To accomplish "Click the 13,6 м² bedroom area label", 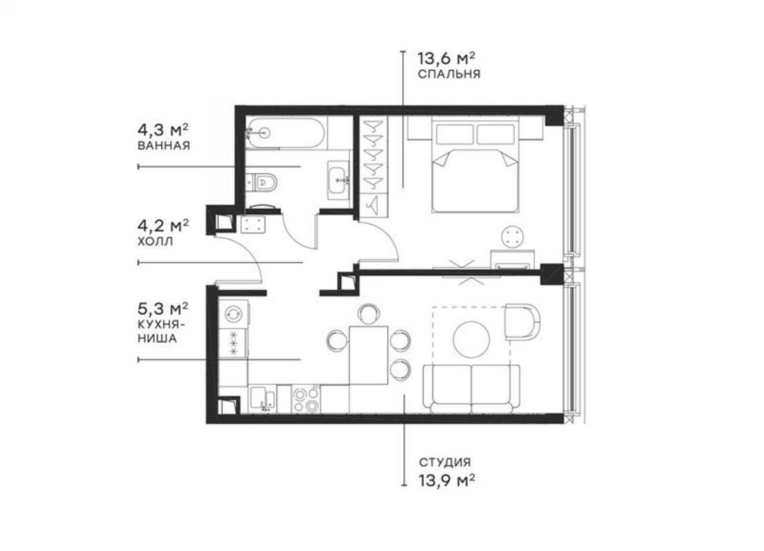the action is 446,59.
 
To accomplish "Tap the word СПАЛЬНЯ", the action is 449,74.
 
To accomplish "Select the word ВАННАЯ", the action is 164,146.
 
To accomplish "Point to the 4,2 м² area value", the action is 163,226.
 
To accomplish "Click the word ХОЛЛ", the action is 155,242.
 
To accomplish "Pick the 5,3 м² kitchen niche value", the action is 163,309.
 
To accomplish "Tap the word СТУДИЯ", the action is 445,462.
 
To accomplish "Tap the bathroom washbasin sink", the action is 339,180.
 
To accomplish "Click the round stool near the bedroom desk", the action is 513,237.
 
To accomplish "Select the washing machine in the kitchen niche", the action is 233,313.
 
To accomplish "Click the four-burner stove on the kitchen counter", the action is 306,399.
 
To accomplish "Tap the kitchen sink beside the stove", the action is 263,400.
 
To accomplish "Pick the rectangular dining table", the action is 368,355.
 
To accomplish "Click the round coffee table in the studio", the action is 471,339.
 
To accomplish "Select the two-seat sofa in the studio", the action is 471,389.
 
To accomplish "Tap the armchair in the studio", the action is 522,322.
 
